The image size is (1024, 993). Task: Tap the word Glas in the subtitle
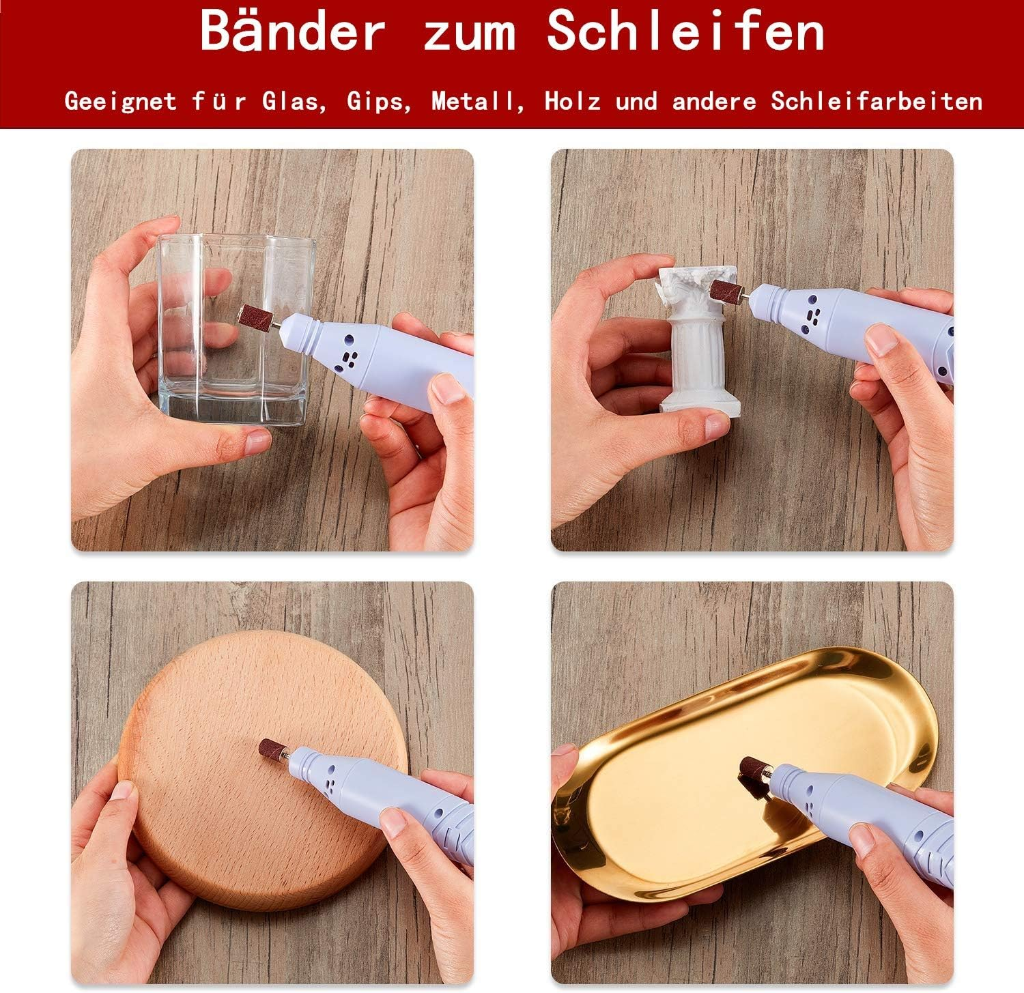coord(291,102)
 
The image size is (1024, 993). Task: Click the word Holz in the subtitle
coord(572,102)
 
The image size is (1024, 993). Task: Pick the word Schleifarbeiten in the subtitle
coord(877,102)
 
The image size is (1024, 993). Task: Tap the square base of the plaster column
coord(700,403)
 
